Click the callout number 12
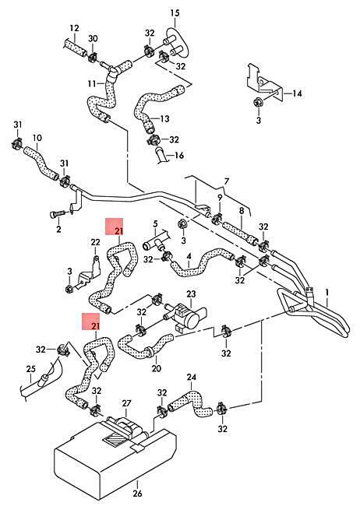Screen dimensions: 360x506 point(74,28)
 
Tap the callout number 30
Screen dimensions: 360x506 point(93,39)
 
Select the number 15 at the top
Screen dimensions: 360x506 point(175,13)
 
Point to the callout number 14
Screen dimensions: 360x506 point(297,93)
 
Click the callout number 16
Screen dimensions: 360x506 point(178,155)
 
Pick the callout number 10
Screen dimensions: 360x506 point(37,138)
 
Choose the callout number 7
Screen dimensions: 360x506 point(226,181)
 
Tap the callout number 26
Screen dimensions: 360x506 point(137,493)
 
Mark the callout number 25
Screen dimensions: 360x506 point(30,369)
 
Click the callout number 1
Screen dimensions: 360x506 point(327,293)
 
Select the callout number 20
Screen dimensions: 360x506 point(156,368)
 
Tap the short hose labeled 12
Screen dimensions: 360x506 point(76,47)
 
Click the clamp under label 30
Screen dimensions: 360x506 point(93,57)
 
